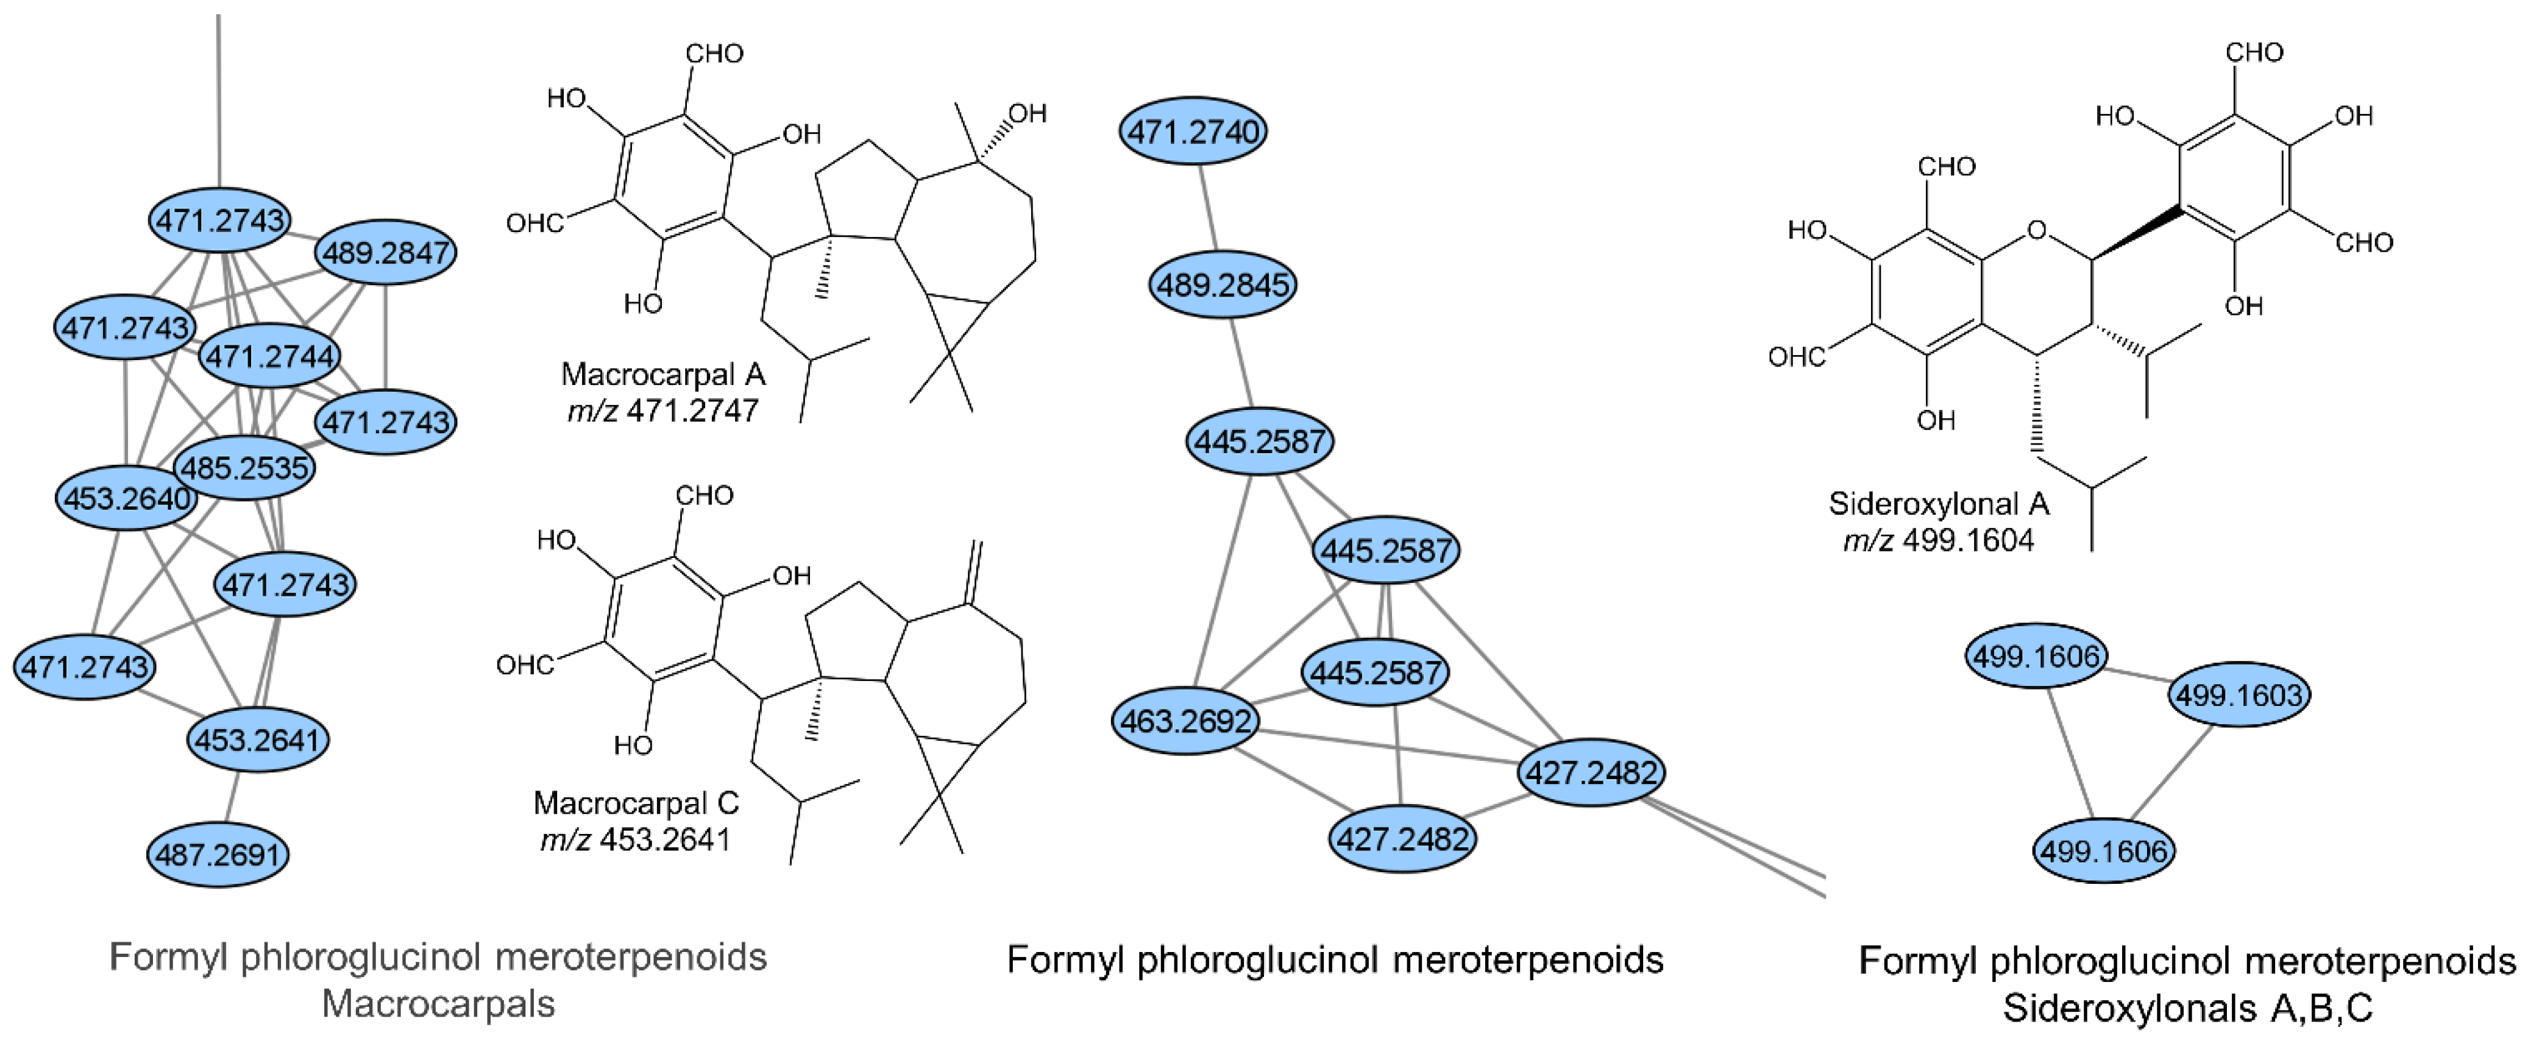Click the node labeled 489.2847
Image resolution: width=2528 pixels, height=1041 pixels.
pyautogui.click(x=386, y=252)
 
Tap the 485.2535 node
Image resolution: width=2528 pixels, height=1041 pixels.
pyautogui.click(x=244, y=467)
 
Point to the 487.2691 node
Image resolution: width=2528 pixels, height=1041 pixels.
pyautogui.click(x=219, y=855)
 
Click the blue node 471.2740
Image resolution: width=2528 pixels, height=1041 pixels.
pyautogui.click(x=1193, y=130)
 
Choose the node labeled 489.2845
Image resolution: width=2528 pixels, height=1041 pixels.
pyautogui.click(x=1223, y=284)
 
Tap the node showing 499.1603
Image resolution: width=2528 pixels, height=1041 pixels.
pyautogui.click(x=2240, y=694)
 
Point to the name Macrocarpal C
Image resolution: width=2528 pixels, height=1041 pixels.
pyautogui.click(x=635, y=803)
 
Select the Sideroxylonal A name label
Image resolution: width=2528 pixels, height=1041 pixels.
pyautogui.click(x=1938, y=503)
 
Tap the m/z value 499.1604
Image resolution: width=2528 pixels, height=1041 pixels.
pyautogui.click(x=1968, y=540)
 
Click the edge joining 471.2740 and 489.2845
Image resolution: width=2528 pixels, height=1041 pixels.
pyautogui.click(x=1208, y=207)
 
